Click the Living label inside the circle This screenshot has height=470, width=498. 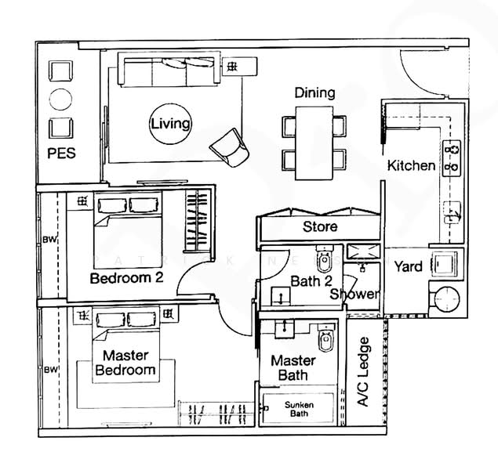pyautogui.click(x=171, y=124)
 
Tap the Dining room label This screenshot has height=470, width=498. pyautogui.click(x=314, y=93)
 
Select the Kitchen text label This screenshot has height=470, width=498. pyautogui.click(x=411, y=166)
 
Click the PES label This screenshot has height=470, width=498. pyautogui.click(x=61, y=154)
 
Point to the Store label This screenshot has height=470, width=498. pyautogui.click(x=320, y=227)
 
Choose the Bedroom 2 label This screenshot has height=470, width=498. pyautogui.click(x=126, y=278)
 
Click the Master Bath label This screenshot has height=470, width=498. pyautogui.click(x=293, y=368)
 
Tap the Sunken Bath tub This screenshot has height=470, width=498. pyautogui.click(x=300, y=409)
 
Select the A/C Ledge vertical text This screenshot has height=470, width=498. pyautogui.click(x=364, y=372)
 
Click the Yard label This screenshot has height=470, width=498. pyautogui.click(x=408, y=266)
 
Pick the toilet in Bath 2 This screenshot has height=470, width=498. pyautogui.click(x=325, y=258)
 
